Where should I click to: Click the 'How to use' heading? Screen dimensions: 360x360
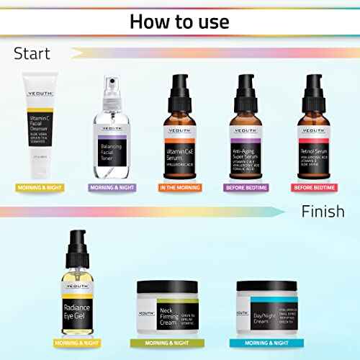click(180, 21)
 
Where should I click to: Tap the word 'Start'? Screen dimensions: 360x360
click(33, 53)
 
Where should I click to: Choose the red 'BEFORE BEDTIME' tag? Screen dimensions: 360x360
click(321, 188)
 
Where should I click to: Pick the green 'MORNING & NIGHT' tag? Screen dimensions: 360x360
click(168, 343)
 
